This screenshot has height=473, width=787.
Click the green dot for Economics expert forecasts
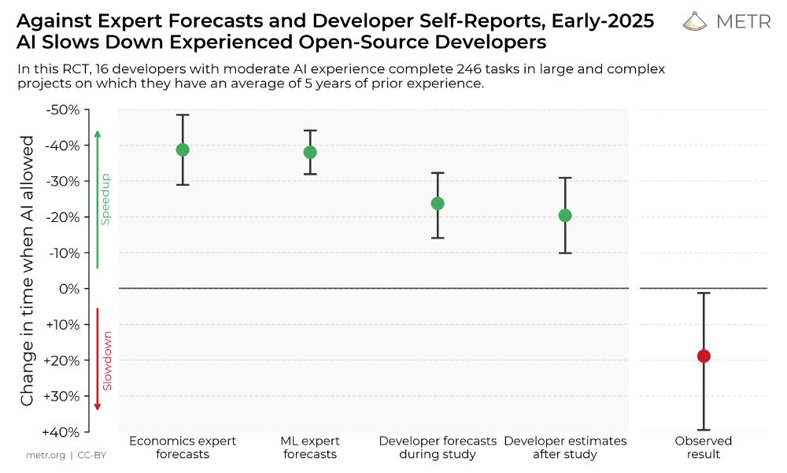pyautogui.click(x=183, y=150)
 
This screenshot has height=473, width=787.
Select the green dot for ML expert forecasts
pyautogui.click(x=310, y=152)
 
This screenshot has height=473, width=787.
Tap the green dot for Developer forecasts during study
pyautogui.click(x=438, y=203)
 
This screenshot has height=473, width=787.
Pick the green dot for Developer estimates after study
pyautogui.click(x=565, y=216)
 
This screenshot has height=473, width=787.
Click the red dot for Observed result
pyautogui.click(x=704, y=356)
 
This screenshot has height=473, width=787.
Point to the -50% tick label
pyautogui.click(x=63, y=109)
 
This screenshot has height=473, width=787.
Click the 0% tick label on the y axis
pyautogui.click(x=69, y=289)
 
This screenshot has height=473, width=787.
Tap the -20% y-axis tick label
pyautogui.click(x=63, y=217)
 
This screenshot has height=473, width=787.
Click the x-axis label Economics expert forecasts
pyautogui.click(x=183, y=448)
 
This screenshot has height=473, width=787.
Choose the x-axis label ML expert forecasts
pyautogui.click(x=310, y=448)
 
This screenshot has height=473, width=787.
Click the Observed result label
pyautogui.click(x=704, y=448)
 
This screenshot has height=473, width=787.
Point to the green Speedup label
pyautogui.click(x=105, y=200)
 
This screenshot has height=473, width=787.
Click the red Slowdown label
pyautogui.click(x=107, y=360)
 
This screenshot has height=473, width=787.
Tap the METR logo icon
pyautogui.click(x=695, y=21)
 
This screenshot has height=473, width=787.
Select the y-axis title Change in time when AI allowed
pyautogui.click(x=28, y=271)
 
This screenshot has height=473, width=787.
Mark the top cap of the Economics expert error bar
pyautogui.click(x=183, y=115)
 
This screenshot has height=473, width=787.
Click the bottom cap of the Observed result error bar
pyautogui.click(x=704, y=430)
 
